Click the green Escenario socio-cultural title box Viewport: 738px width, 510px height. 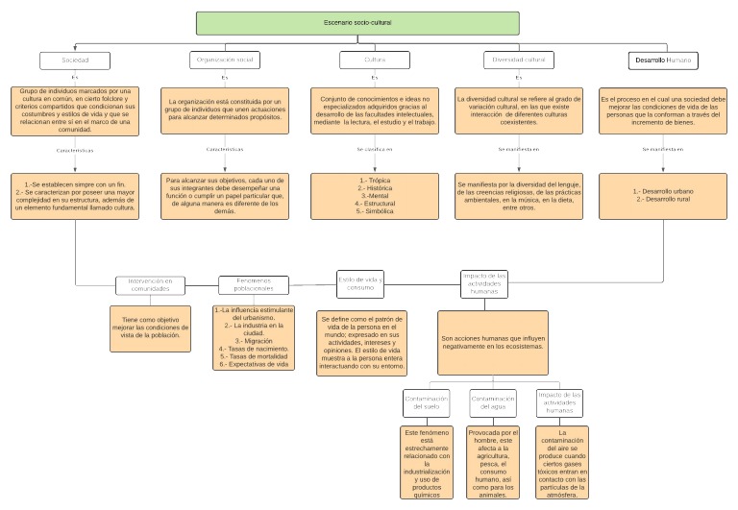[357, 22]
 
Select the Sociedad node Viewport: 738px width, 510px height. [75, 61]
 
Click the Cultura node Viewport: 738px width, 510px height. [361, 61]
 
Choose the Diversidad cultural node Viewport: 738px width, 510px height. [519, 61]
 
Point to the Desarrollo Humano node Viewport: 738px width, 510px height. [662, 61]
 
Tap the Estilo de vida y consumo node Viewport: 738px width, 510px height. [360, 282]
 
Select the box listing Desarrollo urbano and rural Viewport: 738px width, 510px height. [662, 196]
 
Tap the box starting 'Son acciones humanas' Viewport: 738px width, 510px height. [492, 342]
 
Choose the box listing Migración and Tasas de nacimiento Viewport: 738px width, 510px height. [252, 338]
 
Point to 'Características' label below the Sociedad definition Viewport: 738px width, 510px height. [76, 150]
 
